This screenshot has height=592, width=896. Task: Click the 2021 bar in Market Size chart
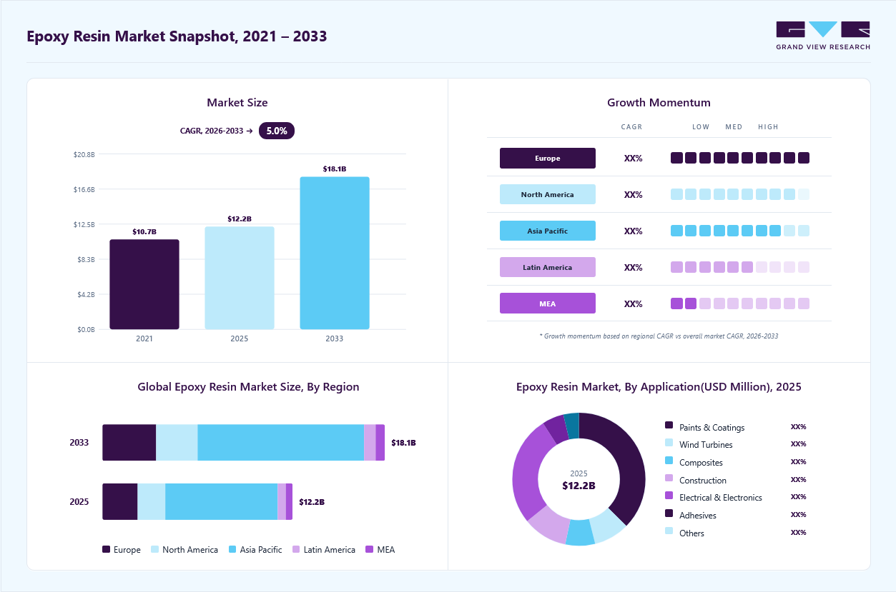(x=144, y=284)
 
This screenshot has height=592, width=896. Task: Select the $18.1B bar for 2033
(x=335, y=253)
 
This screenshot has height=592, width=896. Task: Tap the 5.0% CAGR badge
(x=277, y=131)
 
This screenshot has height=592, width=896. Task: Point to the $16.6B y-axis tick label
(x=84, y=189)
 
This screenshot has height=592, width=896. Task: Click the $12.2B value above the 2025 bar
(x=240, y=219)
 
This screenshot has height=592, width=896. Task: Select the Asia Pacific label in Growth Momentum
(x=547, y=231)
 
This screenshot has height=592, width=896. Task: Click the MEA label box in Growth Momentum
(x=547, y=303)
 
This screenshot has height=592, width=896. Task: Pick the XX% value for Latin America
(x=633, y=267)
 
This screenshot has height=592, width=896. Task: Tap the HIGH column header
(x=768, y=126)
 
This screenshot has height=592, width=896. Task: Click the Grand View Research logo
(x=823, y=36)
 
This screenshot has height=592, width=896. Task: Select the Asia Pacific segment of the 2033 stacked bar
(x=280, y=442)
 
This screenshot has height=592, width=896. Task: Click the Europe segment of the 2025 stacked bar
(x=120, y=501)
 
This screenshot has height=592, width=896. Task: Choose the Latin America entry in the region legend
(x=324, y=549)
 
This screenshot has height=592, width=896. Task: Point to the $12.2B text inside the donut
(x=579, y=486)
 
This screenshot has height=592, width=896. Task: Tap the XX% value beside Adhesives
(x=798, y=514)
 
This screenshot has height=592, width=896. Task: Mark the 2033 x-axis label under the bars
(x=335, y=338)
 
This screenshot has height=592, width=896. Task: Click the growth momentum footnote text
(x=659, y=336)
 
